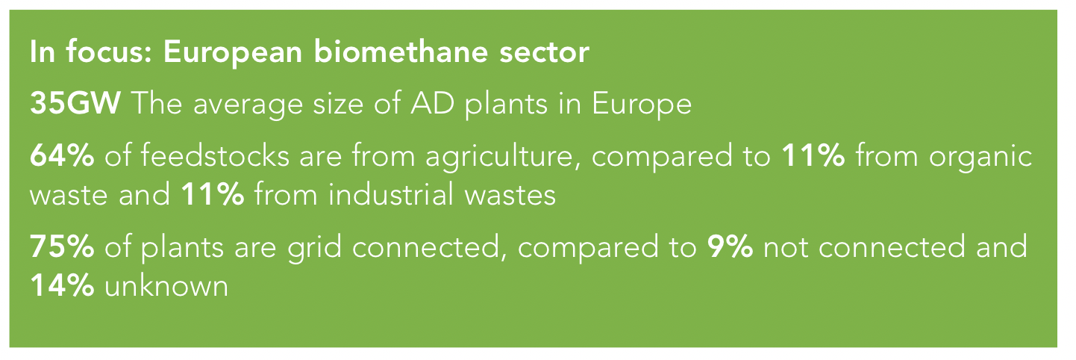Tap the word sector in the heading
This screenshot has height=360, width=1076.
pos(544,53)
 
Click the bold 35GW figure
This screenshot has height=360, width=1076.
pos(75,103)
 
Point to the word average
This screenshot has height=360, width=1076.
pos(248,105)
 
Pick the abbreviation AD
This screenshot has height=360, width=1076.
pos(432,103)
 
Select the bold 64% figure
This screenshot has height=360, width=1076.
pos(62,156)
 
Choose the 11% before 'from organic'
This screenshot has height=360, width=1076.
pos(813,156)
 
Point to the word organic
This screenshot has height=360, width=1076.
pos(980,158)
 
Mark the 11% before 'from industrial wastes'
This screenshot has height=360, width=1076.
pos(213,194)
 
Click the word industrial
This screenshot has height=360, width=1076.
pos(391,193)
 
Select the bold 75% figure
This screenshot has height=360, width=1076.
pos(62,246)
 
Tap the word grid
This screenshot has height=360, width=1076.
pos(315,248)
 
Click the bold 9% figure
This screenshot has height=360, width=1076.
pos(730,246)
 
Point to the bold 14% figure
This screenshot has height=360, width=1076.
pos(62,285)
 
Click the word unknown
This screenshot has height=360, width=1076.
pos(166,285)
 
